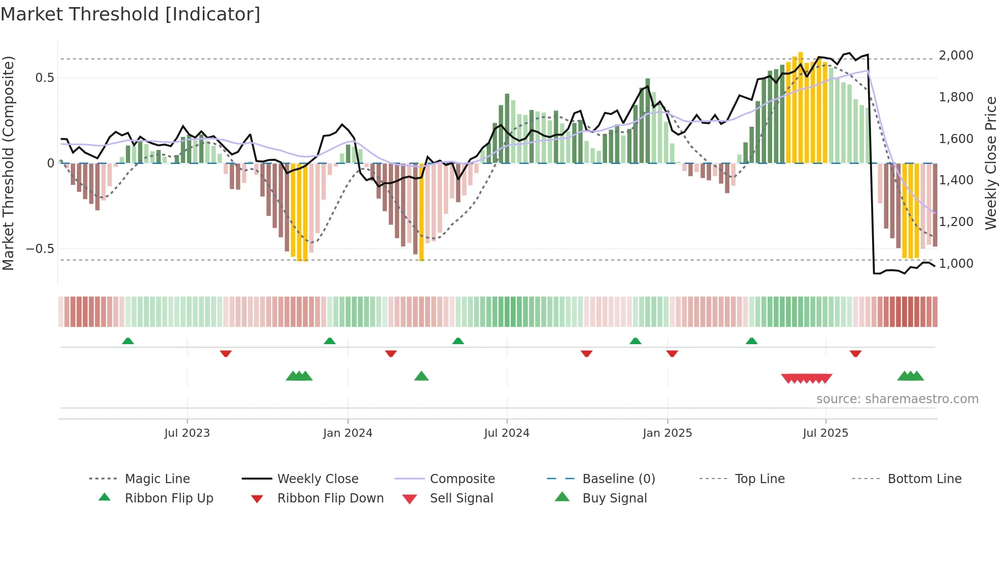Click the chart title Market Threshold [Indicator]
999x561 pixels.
click(x=130, y=14)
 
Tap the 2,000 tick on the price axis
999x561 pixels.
click(x=956, y=55)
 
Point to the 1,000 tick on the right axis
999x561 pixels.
click(x=956, y=264)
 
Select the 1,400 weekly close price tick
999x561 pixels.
click(x=956, y=180)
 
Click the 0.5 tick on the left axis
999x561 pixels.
click(x=44, y=78)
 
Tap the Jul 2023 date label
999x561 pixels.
click(x=187, y=433)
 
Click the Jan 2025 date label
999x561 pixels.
click(x=667, y=433)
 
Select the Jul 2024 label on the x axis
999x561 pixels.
click(x=507, y=433)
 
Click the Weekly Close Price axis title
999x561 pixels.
click(x=990, y=163)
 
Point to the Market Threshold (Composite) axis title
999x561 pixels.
click(x=8, y=163)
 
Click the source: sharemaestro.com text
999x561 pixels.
click(x=897, y=399)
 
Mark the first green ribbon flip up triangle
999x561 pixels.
click(x=128, y=341)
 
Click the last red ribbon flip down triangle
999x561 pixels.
click(x=855, y=353)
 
